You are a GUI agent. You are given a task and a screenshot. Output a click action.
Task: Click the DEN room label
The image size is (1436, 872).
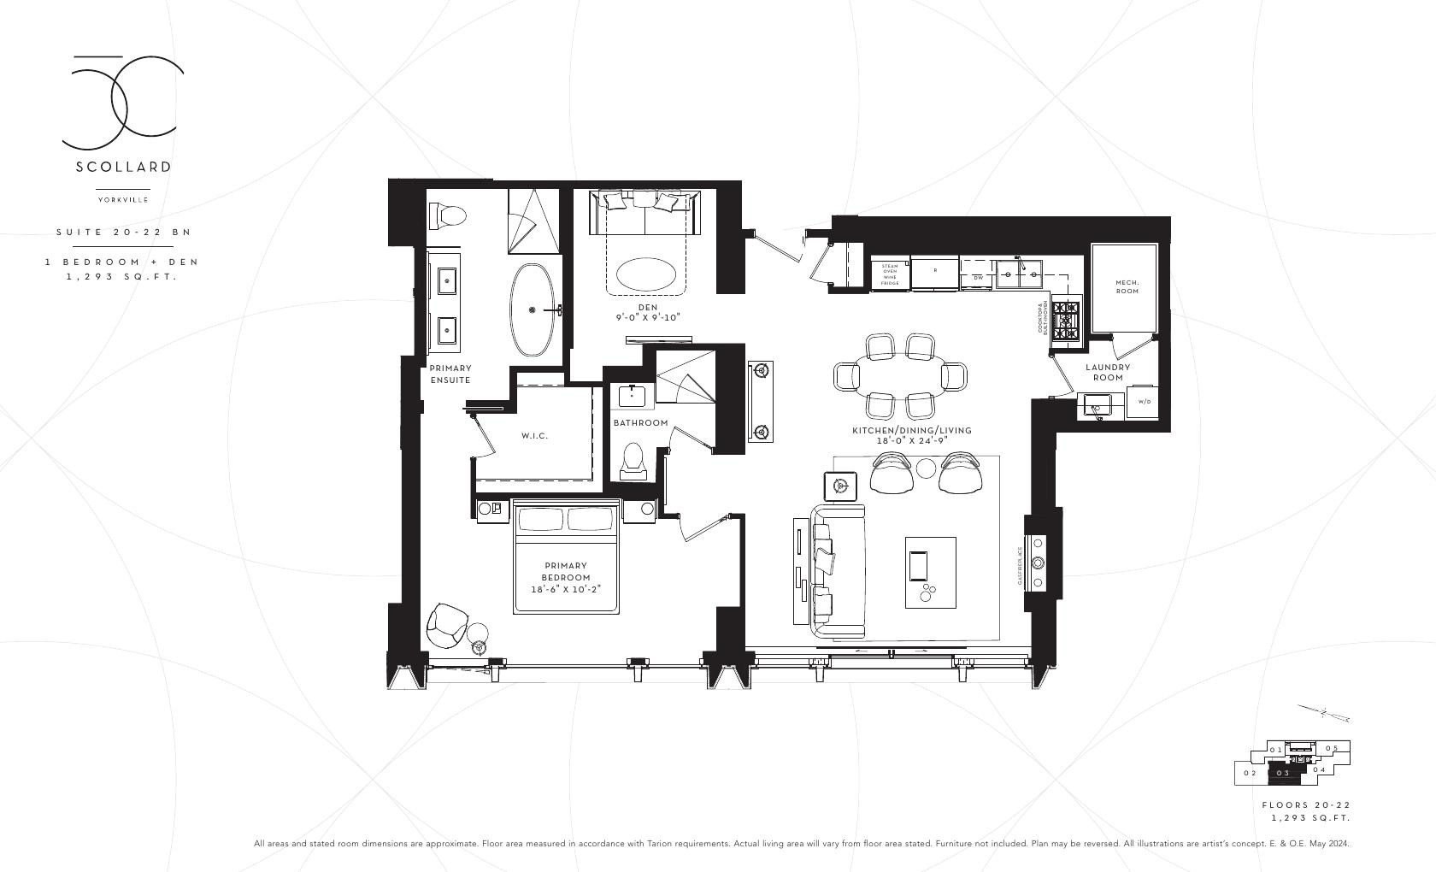tap(647, 307)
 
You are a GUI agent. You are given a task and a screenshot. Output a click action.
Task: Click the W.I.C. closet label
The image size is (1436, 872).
tap(534, 436)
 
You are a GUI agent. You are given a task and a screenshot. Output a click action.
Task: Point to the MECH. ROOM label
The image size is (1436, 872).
tap(1127, 286)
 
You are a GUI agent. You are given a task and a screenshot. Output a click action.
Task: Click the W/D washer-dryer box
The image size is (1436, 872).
tap(1143, 401)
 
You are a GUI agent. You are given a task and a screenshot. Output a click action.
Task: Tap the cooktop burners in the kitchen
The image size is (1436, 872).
tap(1066, 321)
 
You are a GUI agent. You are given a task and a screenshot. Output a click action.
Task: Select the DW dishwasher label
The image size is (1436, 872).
tap(977, 277)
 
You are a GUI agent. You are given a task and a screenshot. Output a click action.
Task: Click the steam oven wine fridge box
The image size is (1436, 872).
tap(889, 274)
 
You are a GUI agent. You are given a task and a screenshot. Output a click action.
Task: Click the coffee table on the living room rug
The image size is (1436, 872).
tap(930, 572)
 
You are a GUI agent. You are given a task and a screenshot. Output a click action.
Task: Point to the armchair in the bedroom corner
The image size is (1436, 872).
tap(447, 626)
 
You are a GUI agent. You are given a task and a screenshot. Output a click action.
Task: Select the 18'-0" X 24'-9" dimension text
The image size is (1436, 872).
tap(911, 441)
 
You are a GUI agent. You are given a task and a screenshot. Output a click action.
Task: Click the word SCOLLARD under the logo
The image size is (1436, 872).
tap(123, 167)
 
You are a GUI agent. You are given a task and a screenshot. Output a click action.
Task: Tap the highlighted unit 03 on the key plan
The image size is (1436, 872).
tap(1283, 773)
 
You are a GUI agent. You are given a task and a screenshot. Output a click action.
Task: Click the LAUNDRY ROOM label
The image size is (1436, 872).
tap(1107, 372)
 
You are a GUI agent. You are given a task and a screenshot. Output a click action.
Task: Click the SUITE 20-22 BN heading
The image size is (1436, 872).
tap(123, 232)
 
